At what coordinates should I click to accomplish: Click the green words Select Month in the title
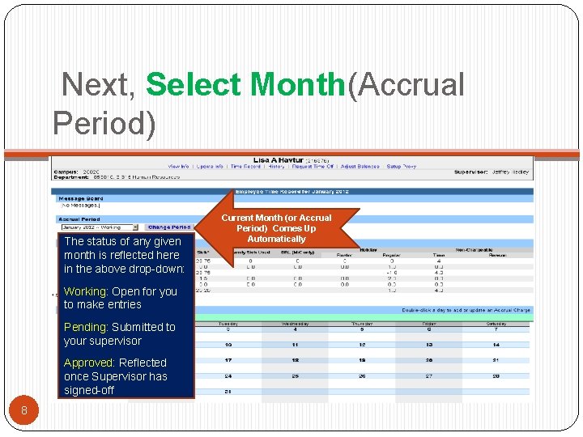(245, 85)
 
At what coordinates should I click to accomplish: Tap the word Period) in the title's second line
(104, 123)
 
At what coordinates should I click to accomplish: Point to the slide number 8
(24, 410)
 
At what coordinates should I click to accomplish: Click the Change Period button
(169, 227)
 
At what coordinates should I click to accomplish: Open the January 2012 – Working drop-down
(98, 227)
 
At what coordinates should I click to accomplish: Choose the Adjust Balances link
(360, 167)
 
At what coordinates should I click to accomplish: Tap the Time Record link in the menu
(245, 167)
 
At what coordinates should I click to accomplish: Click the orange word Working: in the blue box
(86, 291)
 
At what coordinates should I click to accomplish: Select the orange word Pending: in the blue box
(85, 327)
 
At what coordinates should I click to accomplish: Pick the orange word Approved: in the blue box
(89, 363)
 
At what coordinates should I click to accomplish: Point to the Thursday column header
(362, 324)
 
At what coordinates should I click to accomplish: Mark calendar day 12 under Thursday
(362, 345)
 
